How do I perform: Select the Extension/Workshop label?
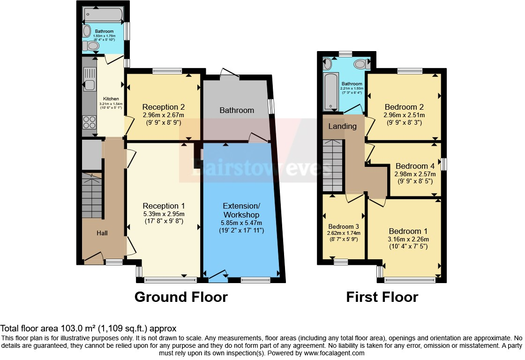[x=241, y=210]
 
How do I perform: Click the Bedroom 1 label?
[x=405, y=231]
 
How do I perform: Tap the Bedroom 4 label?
[x=412, y=166]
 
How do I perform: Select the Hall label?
[x=103, y=233]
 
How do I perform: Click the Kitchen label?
[x=111, y=99]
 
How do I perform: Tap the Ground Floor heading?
[x=181, y=297]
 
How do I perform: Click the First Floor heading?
[x=382, y=297]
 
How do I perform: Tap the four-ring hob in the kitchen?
[x=89, y=122]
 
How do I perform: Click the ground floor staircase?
[x=92, y=195]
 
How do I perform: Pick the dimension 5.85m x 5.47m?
[x=241, y=223]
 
